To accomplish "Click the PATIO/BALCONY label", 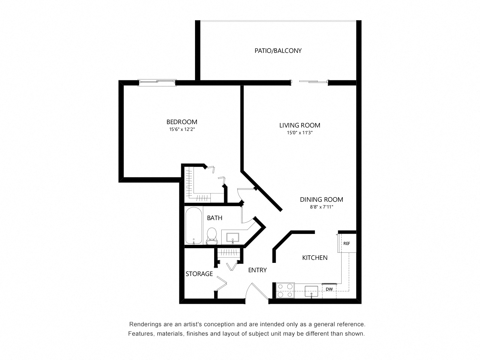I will pos(278,51).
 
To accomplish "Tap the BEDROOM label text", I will pos(182,122).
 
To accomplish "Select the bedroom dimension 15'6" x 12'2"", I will pos(182,129).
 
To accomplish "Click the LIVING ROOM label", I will pos(300,125).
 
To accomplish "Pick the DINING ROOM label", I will pos(321,199).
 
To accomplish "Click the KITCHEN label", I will pos(315,258).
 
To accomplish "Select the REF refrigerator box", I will pos(347,243).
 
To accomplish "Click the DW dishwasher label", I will pos(329,289).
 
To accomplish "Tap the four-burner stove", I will pos(285,291).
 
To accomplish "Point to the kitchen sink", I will pos(311,291).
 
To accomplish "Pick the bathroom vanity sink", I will pos(232,237).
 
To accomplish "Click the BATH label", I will pos(214,218).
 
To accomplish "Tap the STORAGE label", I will pos(199,274).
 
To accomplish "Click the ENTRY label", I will pos(257,270).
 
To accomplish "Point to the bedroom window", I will pos(157,82).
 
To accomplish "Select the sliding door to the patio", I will pos(310,81).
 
